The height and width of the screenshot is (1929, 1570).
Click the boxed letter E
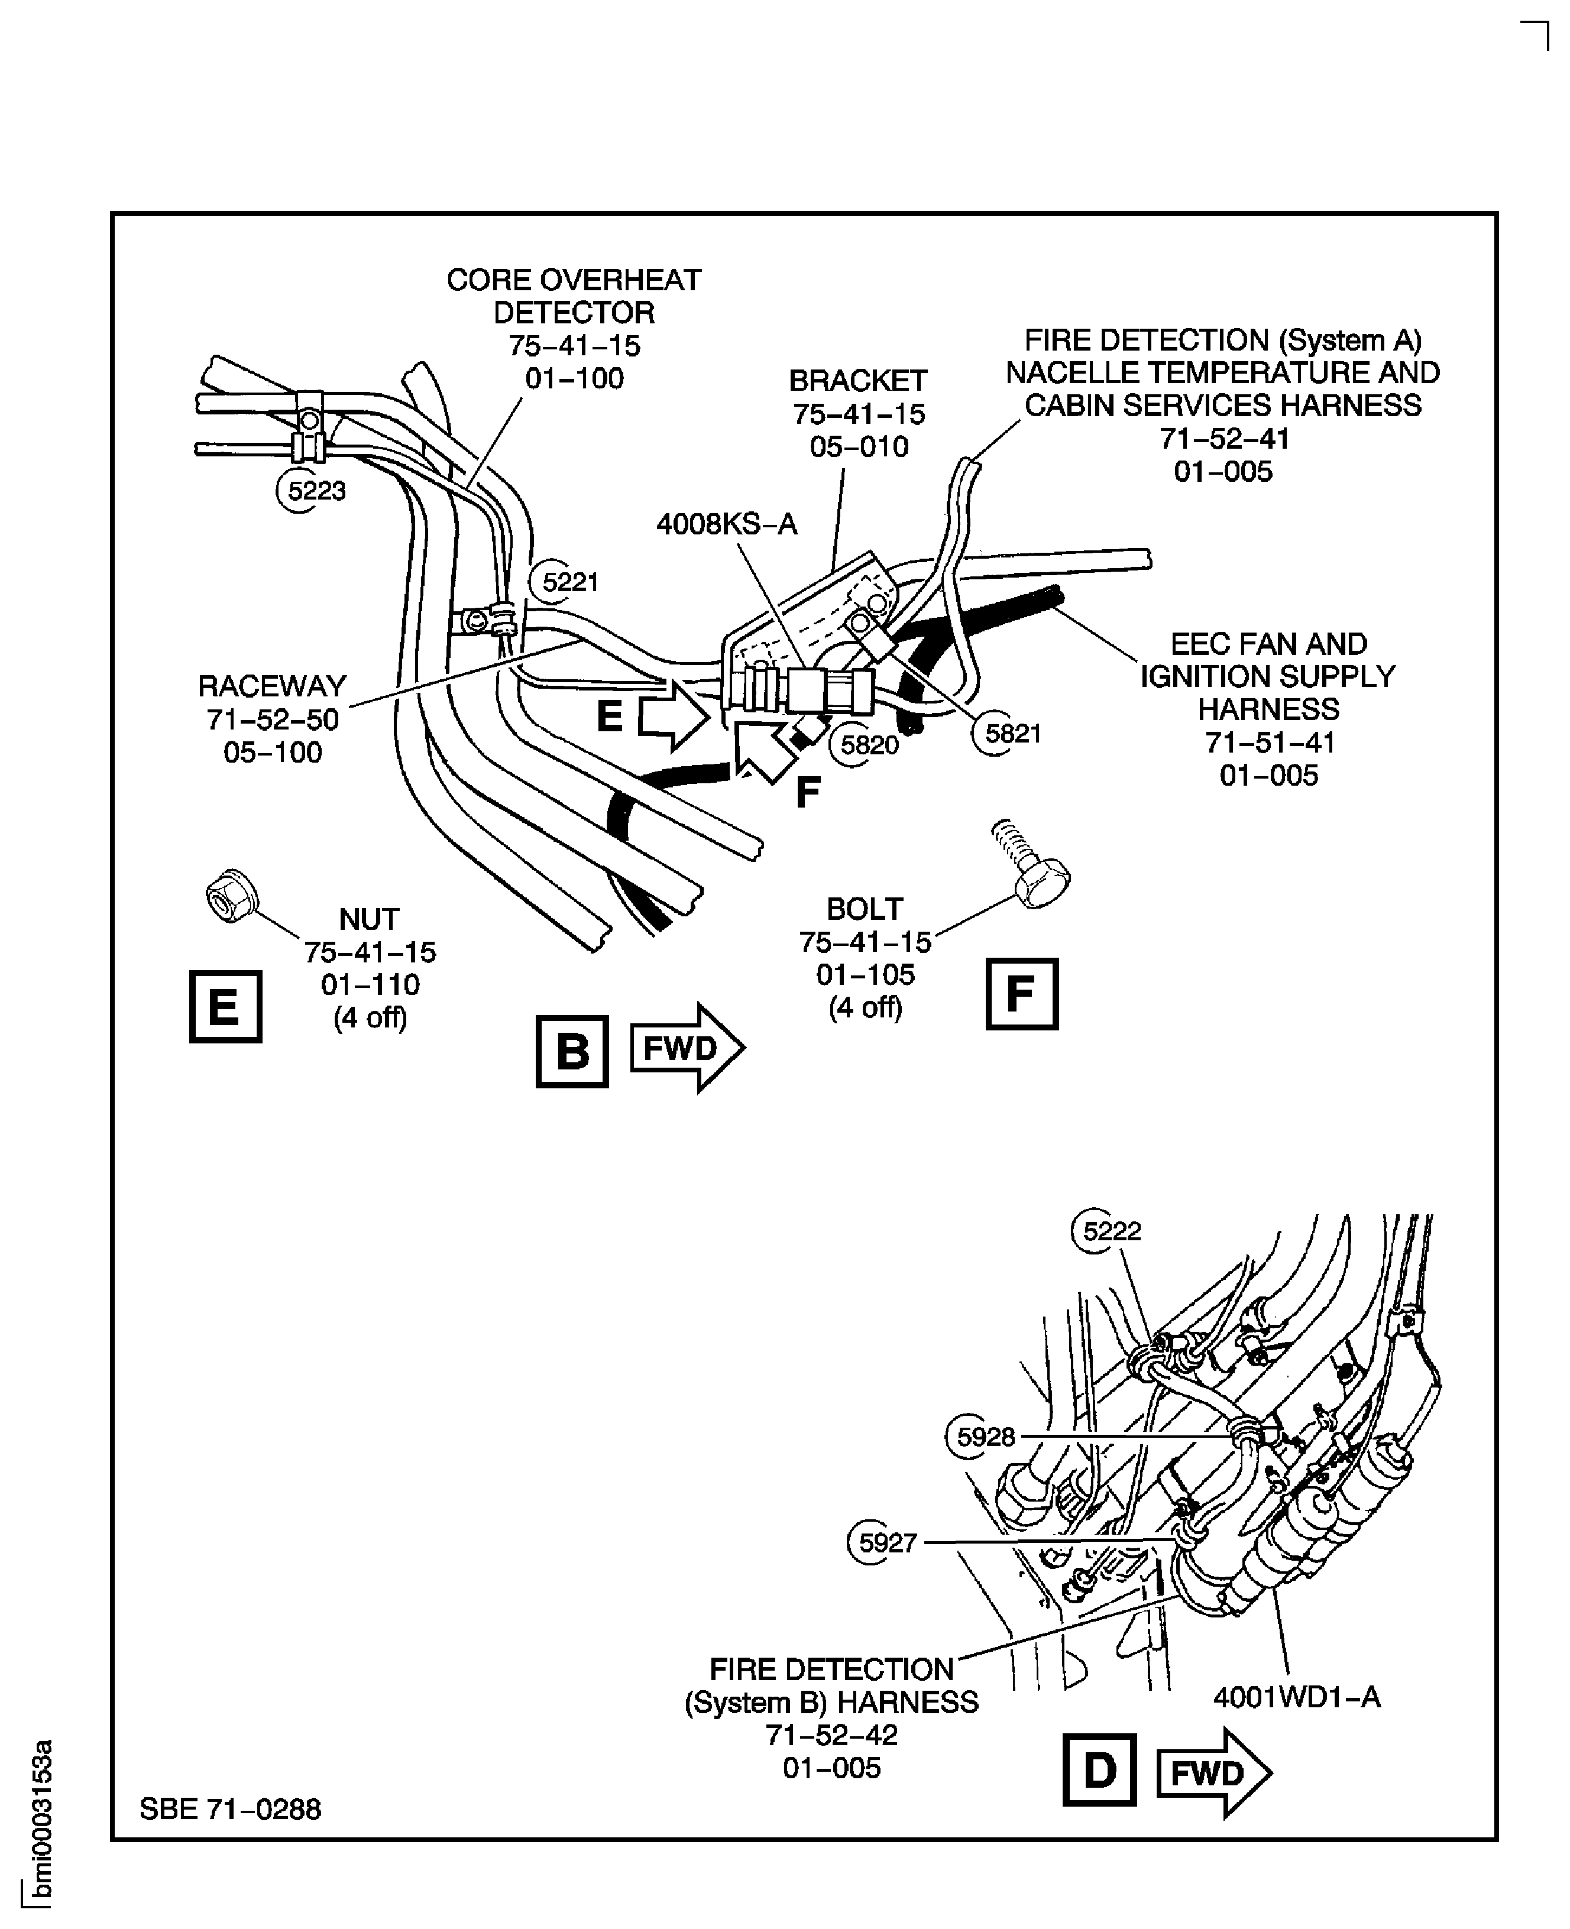pos(225,1006)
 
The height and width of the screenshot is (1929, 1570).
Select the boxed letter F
pos(1021,993)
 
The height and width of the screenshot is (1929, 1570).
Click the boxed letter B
pos(572,1051)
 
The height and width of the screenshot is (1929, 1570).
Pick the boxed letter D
pos(1099,1770)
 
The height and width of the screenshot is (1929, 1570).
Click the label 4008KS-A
pos(726,524)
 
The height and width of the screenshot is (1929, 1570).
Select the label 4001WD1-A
pos(1296,1698)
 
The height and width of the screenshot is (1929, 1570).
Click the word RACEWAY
pos(272,686)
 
